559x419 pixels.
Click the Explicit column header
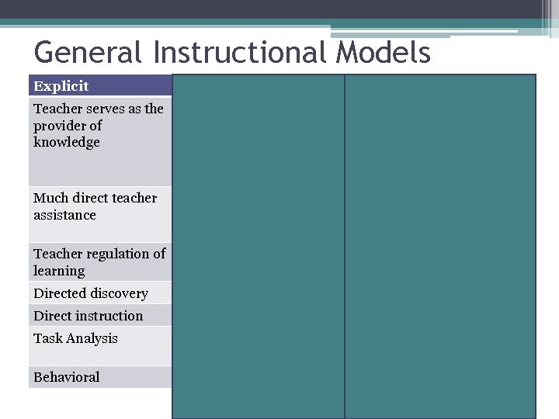click(x=61, y=86)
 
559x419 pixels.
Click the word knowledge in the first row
click(x=67, y=143)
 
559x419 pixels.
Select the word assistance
click(x=64, y=216)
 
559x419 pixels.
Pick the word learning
click(x=59, y=271)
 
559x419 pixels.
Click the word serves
click(x=102, y=109)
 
